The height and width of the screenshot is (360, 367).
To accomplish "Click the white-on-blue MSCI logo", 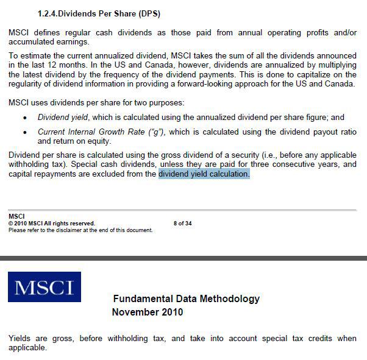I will [45, 287].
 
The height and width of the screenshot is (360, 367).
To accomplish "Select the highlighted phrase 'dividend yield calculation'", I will [204, 174].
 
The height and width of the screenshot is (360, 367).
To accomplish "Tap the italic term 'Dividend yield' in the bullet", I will [63, 118].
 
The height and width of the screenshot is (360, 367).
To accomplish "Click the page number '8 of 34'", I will [182, 224].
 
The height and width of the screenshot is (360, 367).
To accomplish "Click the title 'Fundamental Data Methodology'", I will [186, 298].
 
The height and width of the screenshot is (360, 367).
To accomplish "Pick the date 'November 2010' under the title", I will [147, 312].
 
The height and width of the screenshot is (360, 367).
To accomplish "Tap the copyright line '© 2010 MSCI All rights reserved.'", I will [52, 224].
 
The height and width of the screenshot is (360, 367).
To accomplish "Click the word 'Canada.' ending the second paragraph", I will [340, 83].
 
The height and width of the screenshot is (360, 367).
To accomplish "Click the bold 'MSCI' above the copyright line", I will [16, 217].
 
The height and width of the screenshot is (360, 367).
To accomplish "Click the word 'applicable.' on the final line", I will [27, 348].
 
